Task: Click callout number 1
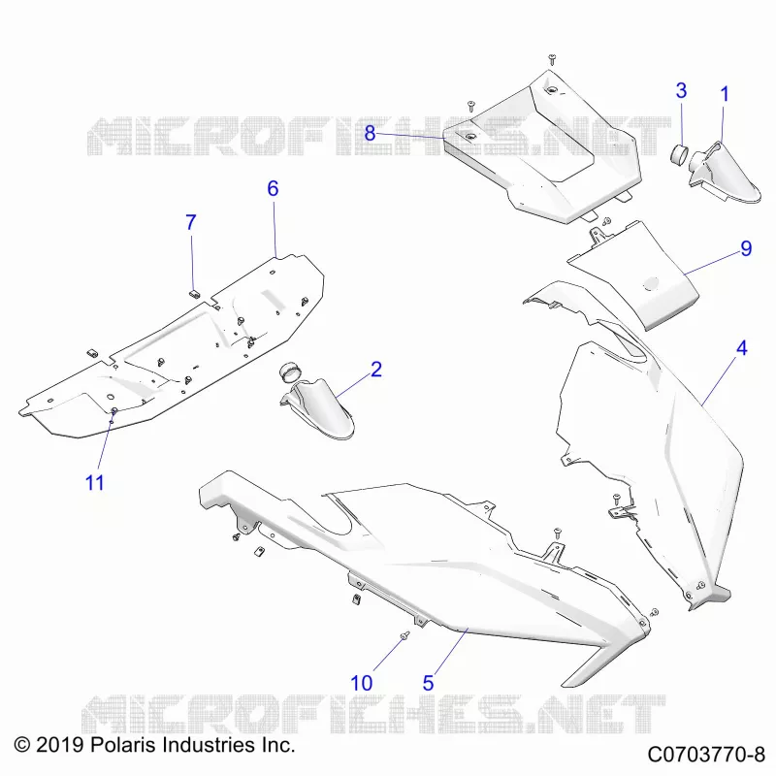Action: click(x=725, y=94)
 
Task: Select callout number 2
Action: click(x=376, y=370)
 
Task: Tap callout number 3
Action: click(x=682, y=90)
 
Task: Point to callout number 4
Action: click(x=741, y=348)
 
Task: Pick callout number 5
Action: click(x=428, y=684)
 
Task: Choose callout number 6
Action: click(x=273, y=188)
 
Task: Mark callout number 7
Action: click(x=191, y=223)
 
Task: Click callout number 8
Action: click(x=370, y=133)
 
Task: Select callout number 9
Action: click(x=746, y=248)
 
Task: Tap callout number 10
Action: click(x=361, y=684)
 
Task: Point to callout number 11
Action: click(x=94, y=482)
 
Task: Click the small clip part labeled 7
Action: click(x=194, y=293)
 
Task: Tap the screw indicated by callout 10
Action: click(x=404, y=635)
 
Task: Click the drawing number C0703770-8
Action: click(x=706, y=756)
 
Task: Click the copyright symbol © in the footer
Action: click(x=22, y=745)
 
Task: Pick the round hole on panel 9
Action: click(x=650, y=283)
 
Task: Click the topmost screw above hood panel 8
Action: click(x=552, y=60)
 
